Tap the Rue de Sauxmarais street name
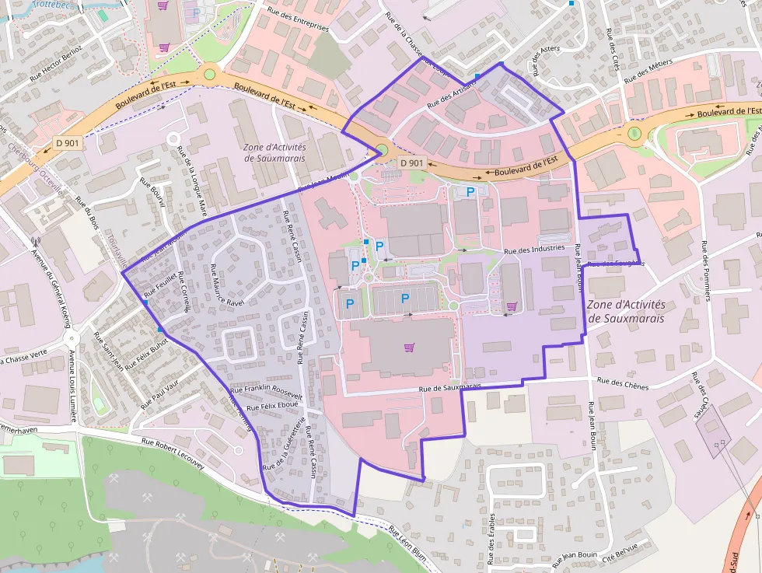(450, 386)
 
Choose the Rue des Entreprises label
(297, 22)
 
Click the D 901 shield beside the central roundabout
(411, 162)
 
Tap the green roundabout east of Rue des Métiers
(635, 133)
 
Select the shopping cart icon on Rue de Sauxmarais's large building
(409, 347)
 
